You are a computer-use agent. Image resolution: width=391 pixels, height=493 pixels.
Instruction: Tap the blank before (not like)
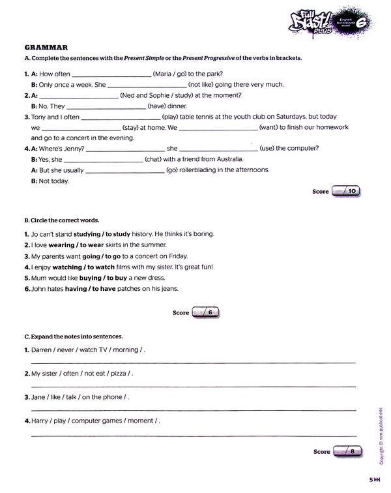pos(146,85)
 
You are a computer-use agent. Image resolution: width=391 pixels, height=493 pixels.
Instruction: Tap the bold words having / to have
pos(91,289)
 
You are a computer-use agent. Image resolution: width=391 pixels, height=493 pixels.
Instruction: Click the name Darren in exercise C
pos(41,350)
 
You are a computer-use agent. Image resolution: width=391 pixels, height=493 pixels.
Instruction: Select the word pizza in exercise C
pos(119,374)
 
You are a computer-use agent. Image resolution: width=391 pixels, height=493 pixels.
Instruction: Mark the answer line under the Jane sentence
pos(194,410)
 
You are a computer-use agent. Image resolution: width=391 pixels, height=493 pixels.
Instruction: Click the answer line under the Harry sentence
pos(194,435)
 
